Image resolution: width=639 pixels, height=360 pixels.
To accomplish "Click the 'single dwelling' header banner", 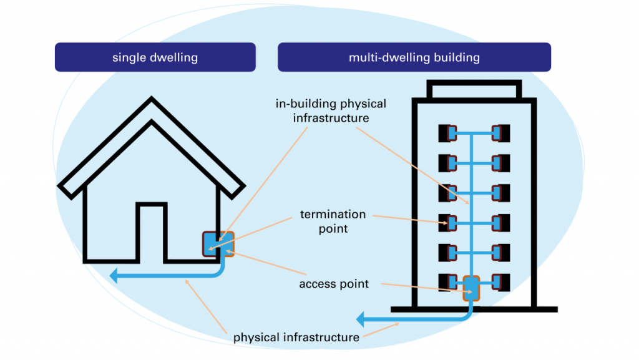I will point(155,57).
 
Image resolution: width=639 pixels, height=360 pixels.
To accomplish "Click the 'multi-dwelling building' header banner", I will point(414,57).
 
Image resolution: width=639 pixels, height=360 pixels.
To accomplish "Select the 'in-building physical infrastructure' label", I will point(331,110).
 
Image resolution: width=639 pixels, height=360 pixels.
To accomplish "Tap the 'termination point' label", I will point(333,221).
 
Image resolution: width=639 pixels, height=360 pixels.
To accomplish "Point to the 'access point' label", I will point(334,284).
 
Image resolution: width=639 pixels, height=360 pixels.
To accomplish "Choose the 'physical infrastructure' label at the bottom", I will point(296,338).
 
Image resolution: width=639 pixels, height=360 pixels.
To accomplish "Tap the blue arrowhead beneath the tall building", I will point(361,320).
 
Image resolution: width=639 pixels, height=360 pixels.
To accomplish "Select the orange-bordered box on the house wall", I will point(218,244).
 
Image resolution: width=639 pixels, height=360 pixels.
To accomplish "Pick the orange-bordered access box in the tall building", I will point(472,288).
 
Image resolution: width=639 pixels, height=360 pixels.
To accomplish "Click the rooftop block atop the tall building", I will point(474,90).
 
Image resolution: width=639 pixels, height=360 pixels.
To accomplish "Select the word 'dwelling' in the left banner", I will point(174,57).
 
